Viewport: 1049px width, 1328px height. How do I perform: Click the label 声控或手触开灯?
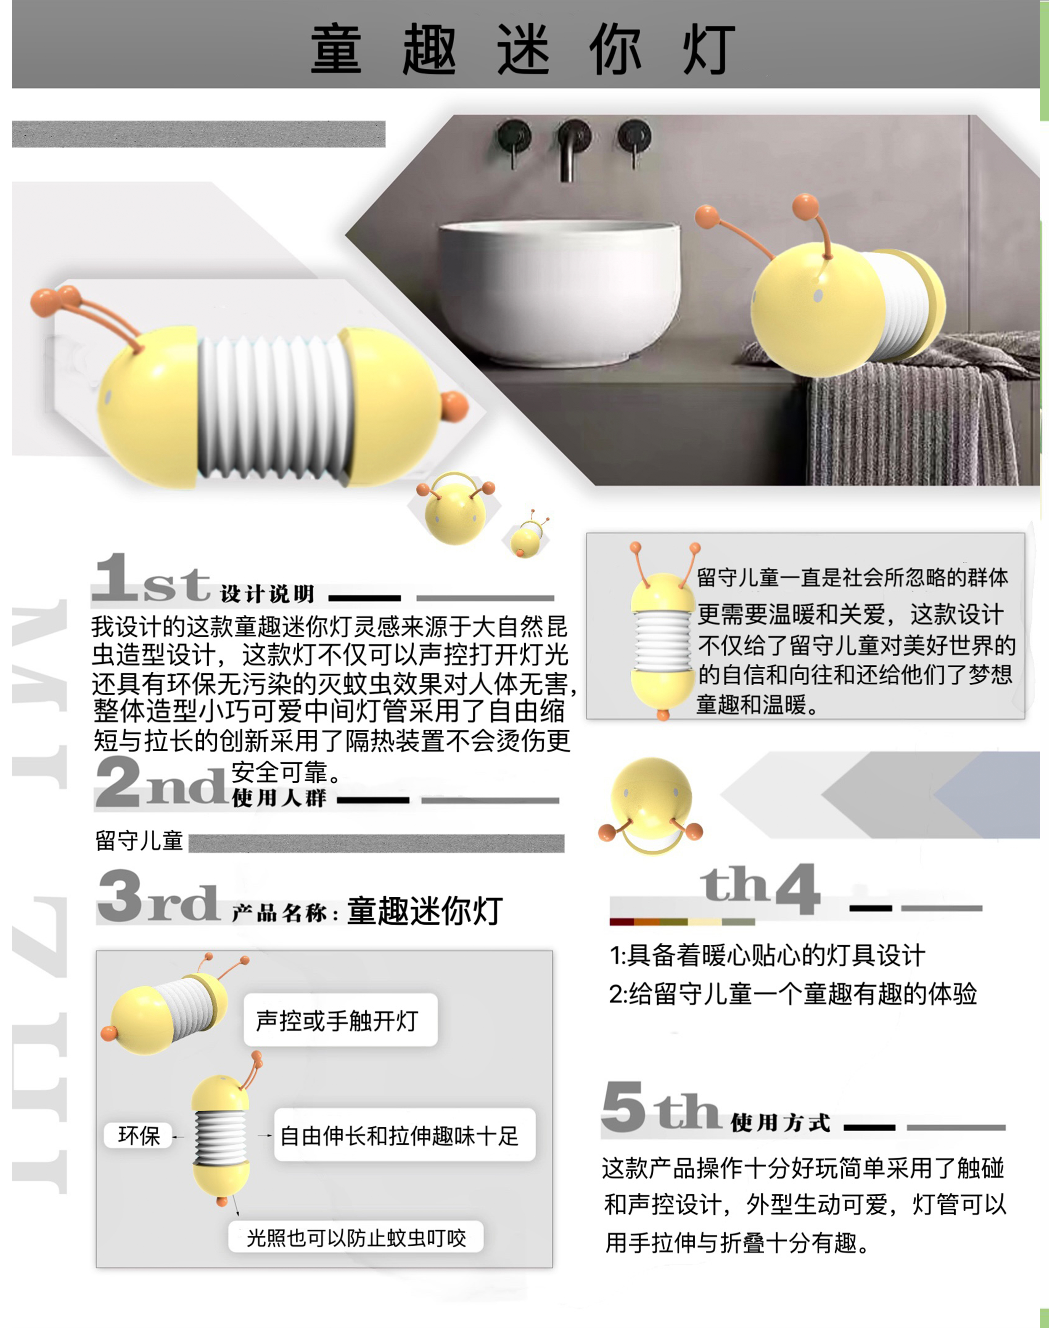pos(337,1020)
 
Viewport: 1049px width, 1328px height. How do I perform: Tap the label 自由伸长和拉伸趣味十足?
pos(399,1136)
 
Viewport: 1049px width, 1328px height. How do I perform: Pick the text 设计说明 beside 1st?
pos(267,594)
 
